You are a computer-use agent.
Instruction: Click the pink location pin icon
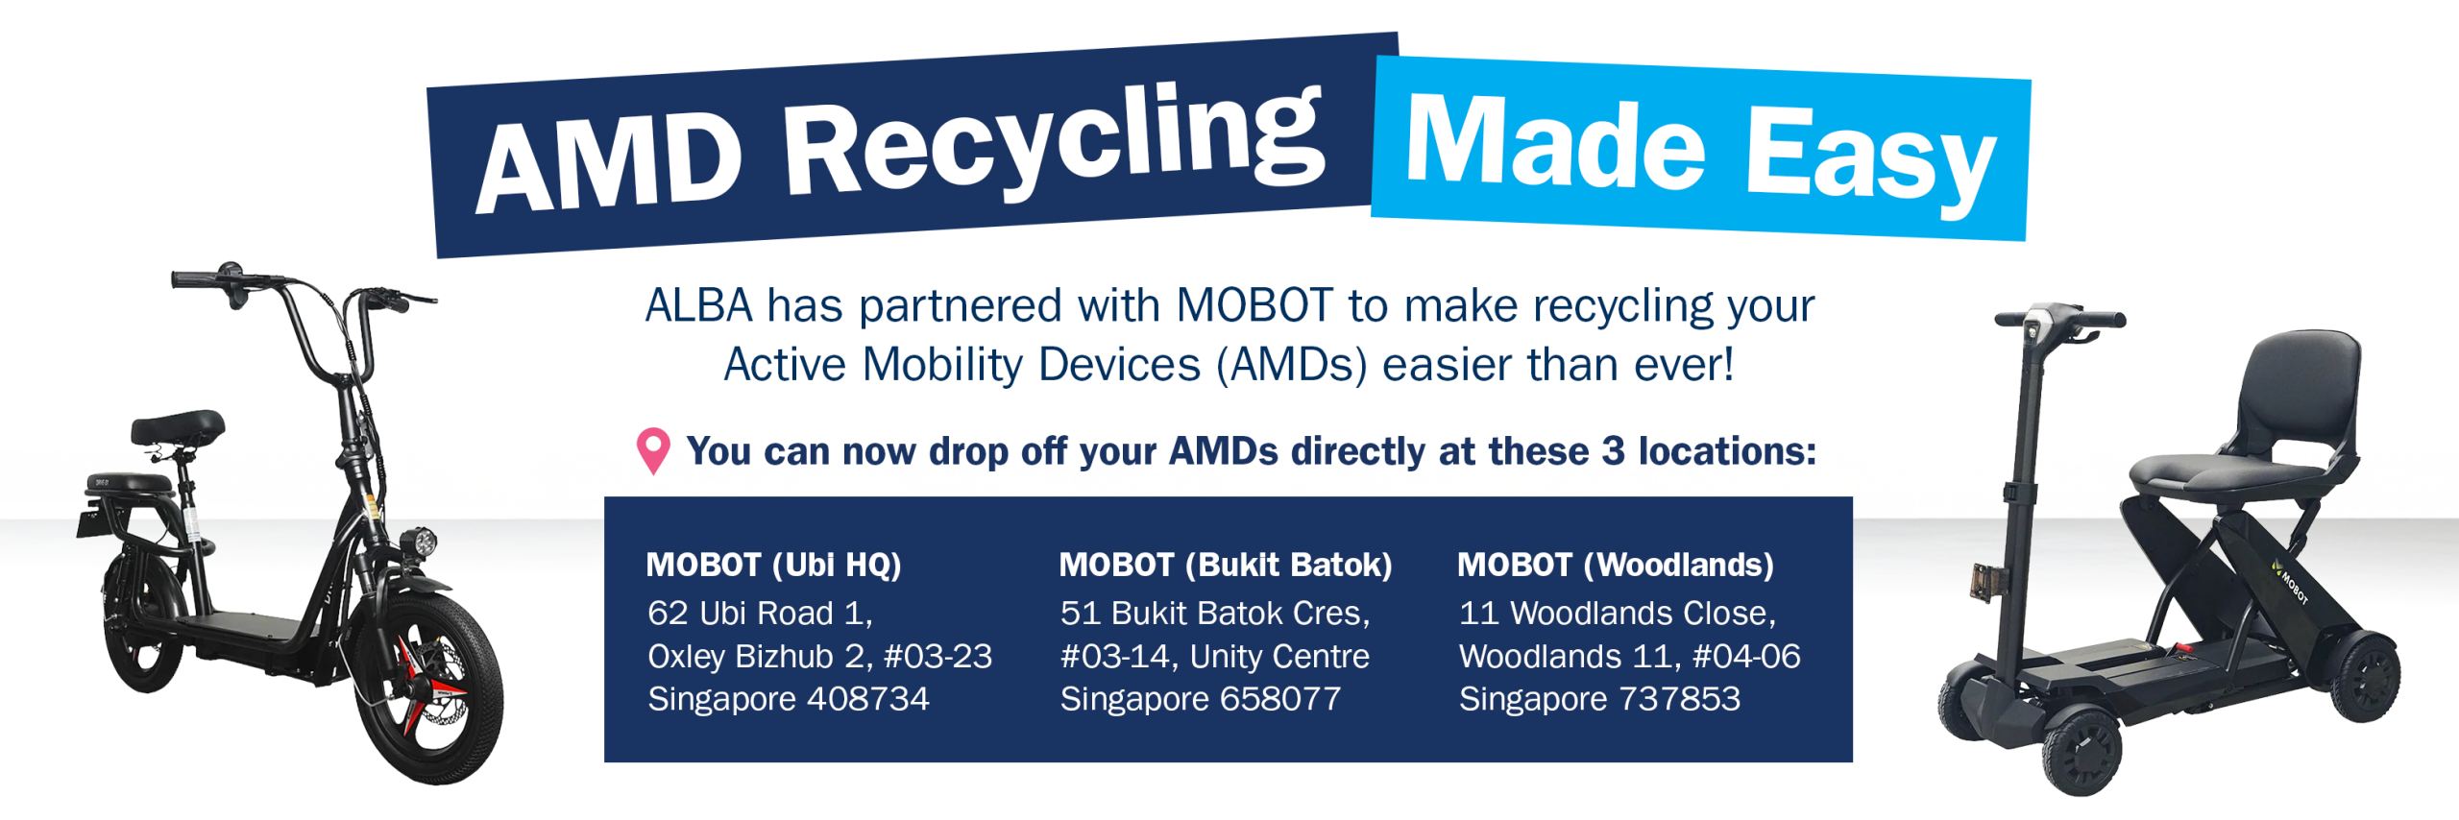653,450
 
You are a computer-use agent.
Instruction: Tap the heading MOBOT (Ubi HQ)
773,565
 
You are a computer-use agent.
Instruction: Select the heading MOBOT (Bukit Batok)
1225,565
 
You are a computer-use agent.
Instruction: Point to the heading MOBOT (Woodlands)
1615,565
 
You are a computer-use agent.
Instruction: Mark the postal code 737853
1679,699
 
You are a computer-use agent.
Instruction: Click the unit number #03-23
937,656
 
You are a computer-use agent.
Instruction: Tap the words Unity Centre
1279,656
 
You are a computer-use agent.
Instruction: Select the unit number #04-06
1746,656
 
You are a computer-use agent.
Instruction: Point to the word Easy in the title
1869,158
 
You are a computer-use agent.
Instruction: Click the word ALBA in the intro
698,305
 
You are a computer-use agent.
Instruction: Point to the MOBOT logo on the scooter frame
2291,581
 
